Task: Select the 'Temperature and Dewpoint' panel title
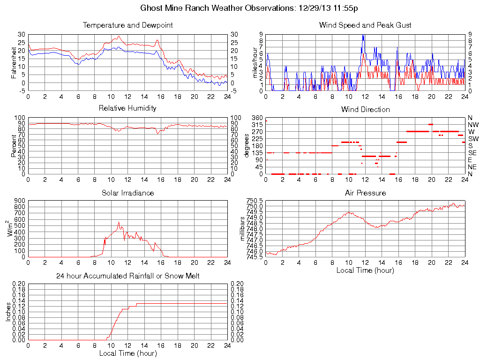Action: [x=127, y=25]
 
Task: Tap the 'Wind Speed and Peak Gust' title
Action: [x=365, y=25]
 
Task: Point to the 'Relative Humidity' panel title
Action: [x=127, y=108]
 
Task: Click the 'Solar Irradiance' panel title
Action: [x=127, y=193]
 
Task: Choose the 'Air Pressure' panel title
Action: [x=365, y=193]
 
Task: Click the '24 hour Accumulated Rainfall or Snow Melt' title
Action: [x=127, y=276]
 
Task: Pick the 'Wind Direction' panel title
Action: [x=365, y=109]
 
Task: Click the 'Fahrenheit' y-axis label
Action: [x=14, y=63]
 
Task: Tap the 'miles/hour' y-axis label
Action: [x=255, y=63]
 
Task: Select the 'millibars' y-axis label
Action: [x=242, y=229]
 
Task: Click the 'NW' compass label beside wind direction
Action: [x=472, y=125]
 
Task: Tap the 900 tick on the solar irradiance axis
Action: [x=19, y=201]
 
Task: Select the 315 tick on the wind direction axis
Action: [x=256, y=125]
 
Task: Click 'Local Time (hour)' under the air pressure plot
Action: [x=365, y=270]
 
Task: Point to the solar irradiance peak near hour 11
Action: [x=119, y=222]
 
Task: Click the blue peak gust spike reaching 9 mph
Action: [x=363, y=36]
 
